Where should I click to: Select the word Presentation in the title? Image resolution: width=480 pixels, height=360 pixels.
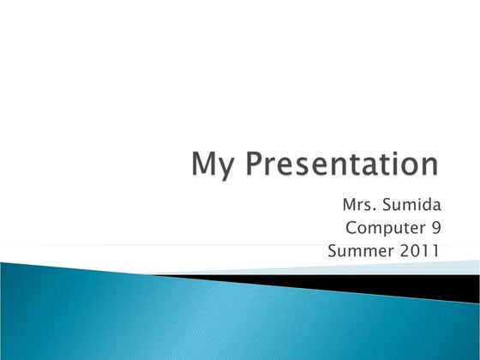coord(342,165)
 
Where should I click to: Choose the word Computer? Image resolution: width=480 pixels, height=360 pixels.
coord(383,229)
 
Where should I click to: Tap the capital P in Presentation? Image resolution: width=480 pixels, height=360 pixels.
coord(253,164)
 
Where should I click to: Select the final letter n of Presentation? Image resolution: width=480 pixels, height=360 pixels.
coord(431,166)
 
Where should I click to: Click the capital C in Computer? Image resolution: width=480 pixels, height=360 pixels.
coord(351,228)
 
